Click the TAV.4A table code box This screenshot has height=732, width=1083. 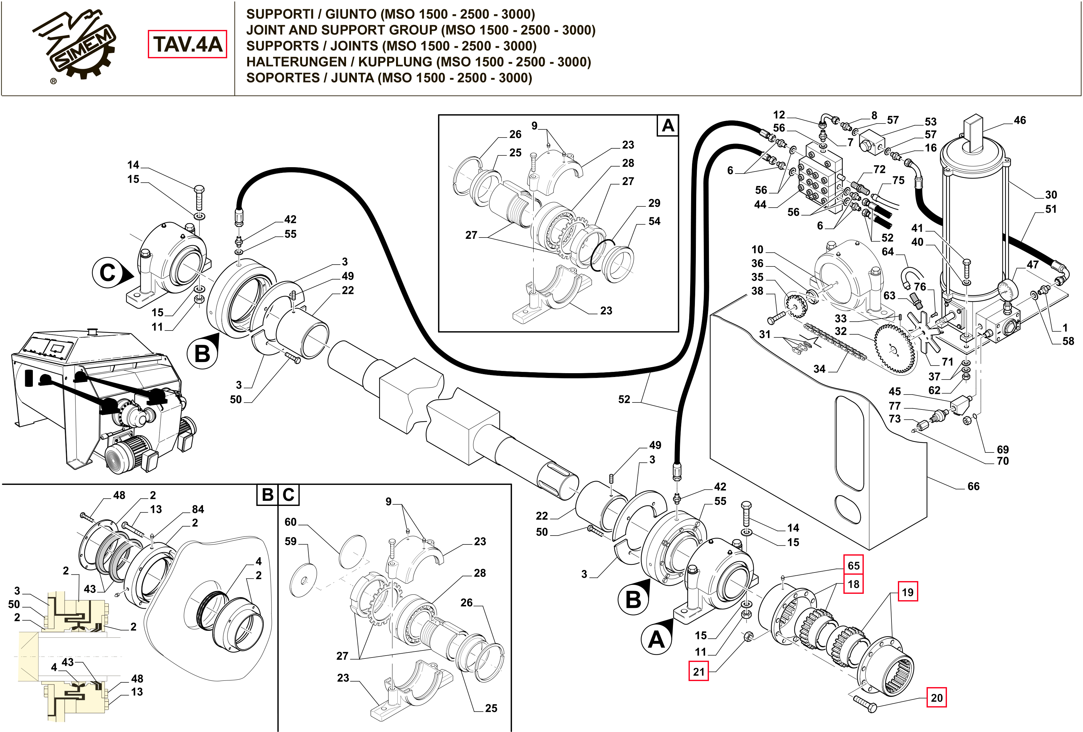point(187,44)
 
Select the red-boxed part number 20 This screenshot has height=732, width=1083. point(936,698)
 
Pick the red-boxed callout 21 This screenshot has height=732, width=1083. point(698,672)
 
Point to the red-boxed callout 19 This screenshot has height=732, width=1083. point(908,592)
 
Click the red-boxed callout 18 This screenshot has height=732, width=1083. point(853,584)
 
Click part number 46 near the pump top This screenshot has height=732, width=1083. point(1020,120)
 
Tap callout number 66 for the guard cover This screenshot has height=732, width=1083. point(973,486)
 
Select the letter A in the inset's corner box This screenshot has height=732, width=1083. point(668,126)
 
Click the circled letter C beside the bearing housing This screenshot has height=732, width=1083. point(108,273)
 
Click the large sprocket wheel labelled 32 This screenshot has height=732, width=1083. point(894,349)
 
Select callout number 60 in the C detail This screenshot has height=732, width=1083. point(290,522)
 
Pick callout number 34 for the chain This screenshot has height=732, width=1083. point(819,369)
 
